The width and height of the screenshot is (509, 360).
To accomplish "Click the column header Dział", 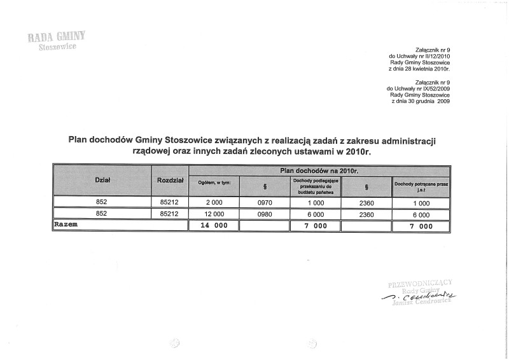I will [x=102, y=181].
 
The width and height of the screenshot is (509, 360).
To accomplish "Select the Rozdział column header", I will [x=170, y=181].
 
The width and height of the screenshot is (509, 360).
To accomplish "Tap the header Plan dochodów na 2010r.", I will [x=319, y=170].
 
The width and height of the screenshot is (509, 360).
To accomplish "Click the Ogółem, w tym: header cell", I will [x=214, y=183].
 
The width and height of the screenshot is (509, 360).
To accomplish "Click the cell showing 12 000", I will [x=214, y=214].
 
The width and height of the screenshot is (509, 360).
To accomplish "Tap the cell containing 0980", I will [x=264, y=214].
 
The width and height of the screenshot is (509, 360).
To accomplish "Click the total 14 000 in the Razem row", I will [x=214, y=226].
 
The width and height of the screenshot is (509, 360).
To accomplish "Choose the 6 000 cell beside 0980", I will [x=316, y=214].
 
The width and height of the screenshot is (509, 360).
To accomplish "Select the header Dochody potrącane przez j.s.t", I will [x=421, y=186].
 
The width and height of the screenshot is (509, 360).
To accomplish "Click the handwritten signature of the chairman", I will [x=419, y=296].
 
